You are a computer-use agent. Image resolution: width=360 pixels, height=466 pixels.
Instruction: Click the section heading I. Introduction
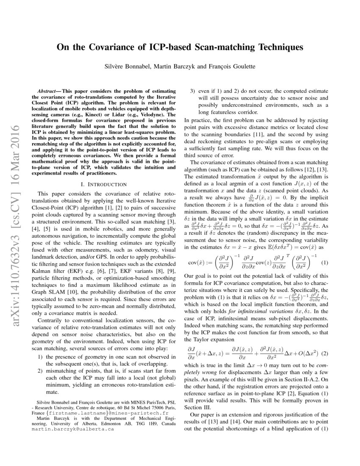pyautogui.click(x=104, y=184)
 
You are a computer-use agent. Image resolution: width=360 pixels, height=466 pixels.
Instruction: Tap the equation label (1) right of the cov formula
pyautogui.click(x=325, y=263)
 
